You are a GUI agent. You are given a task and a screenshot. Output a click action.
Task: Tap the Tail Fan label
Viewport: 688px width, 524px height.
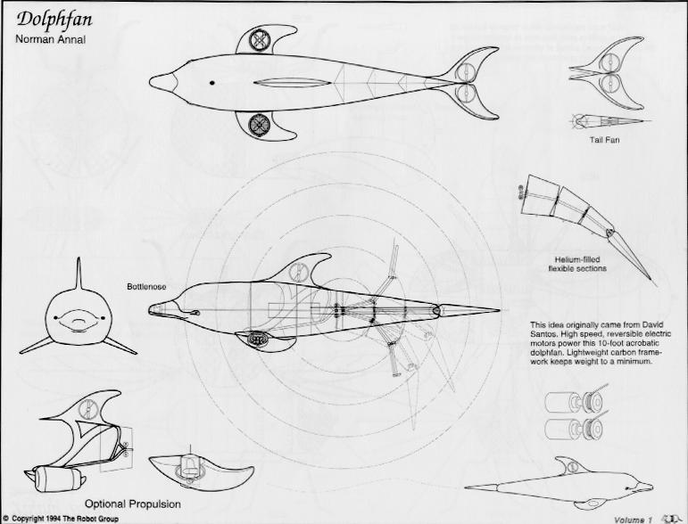606,140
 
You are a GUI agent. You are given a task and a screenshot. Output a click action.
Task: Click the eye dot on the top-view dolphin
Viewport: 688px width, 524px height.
212,84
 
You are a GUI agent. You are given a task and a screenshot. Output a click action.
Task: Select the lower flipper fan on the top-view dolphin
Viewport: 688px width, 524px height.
261,124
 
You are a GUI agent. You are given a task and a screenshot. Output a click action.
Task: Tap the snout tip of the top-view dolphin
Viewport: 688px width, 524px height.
155,83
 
